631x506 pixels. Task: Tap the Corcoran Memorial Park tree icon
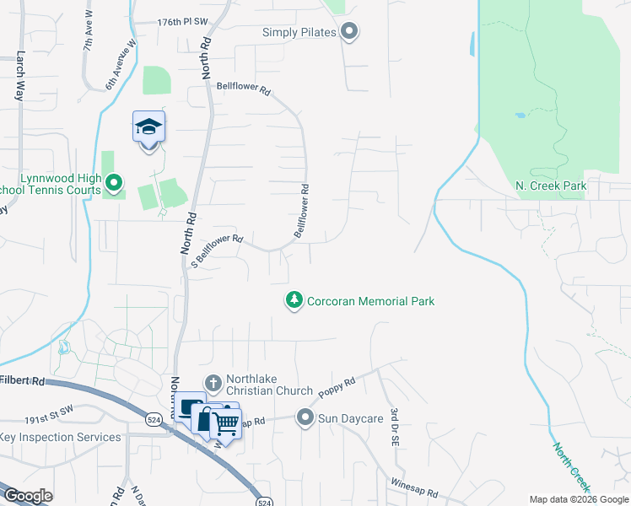[x=294, y=300]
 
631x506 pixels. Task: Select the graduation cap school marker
[x=149, y=128]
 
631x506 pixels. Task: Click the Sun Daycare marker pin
[x=305, y=417]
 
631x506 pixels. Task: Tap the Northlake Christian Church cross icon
[x=213, y=384]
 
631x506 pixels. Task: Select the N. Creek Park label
[x=550, y=186]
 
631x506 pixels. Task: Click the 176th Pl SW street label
[x=183, y=22]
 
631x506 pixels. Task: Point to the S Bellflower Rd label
[x=217, y=250]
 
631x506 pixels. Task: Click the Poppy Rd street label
[x=337, y=385]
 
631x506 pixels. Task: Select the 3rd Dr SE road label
[x=393, y=428]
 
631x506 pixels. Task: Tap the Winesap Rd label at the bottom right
[x=413, y=487]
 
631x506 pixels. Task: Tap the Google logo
[x=27, y=496]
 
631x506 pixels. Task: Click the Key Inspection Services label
[x=61, y=437]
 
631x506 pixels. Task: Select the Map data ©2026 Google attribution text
[x=578, y=499]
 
